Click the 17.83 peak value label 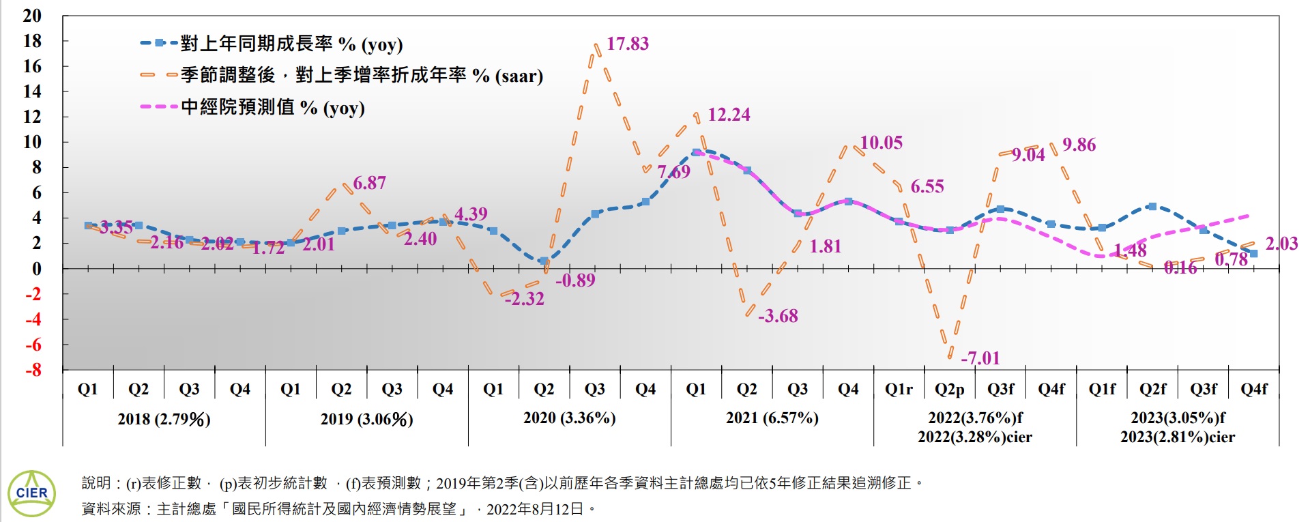point(627,44)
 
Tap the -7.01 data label point(980,358)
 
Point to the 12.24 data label point(729,115)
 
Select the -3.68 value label point(778,316)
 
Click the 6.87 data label point(369,183)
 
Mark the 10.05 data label point(881,143)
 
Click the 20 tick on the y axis point(32,16)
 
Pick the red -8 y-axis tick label point(33,371)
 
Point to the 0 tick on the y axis point(36,269)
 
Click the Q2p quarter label point(949,389)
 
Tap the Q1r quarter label point(899,389)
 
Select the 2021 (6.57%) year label point(772,418)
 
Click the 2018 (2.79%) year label point(164,419)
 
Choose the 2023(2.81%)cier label point(1177,437)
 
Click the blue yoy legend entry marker point(159,44)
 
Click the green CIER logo point(31,493)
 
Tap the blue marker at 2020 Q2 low point(543,261)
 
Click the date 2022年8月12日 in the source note point(535,509)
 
